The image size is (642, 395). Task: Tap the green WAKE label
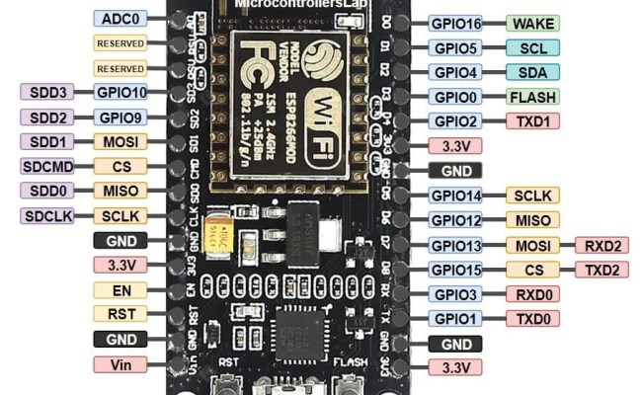coord(532,23)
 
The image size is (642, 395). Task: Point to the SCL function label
coord(532,47)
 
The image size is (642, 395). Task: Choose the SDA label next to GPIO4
coord(532,72)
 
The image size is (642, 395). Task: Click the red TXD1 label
coord(532,121)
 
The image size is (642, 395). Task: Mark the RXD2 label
coord(601,245)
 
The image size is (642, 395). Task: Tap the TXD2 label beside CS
coord(601,270)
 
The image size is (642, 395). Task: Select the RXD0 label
coord(532,294)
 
